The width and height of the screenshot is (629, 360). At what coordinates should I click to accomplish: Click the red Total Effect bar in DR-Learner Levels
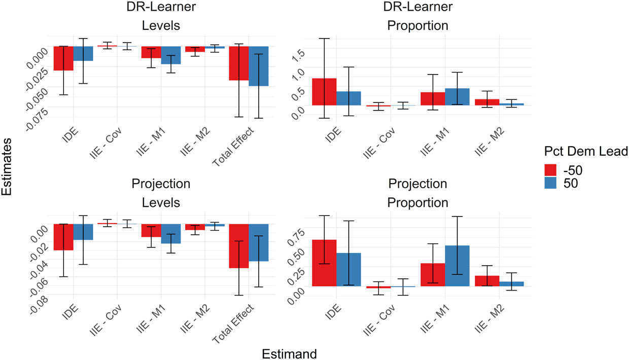239,63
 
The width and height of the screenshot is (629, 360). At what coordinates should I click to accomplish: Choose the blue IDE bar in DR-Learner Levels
83,54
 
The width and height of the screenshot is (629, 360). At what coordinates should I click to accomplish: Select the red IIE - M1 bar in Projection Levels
151,230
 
